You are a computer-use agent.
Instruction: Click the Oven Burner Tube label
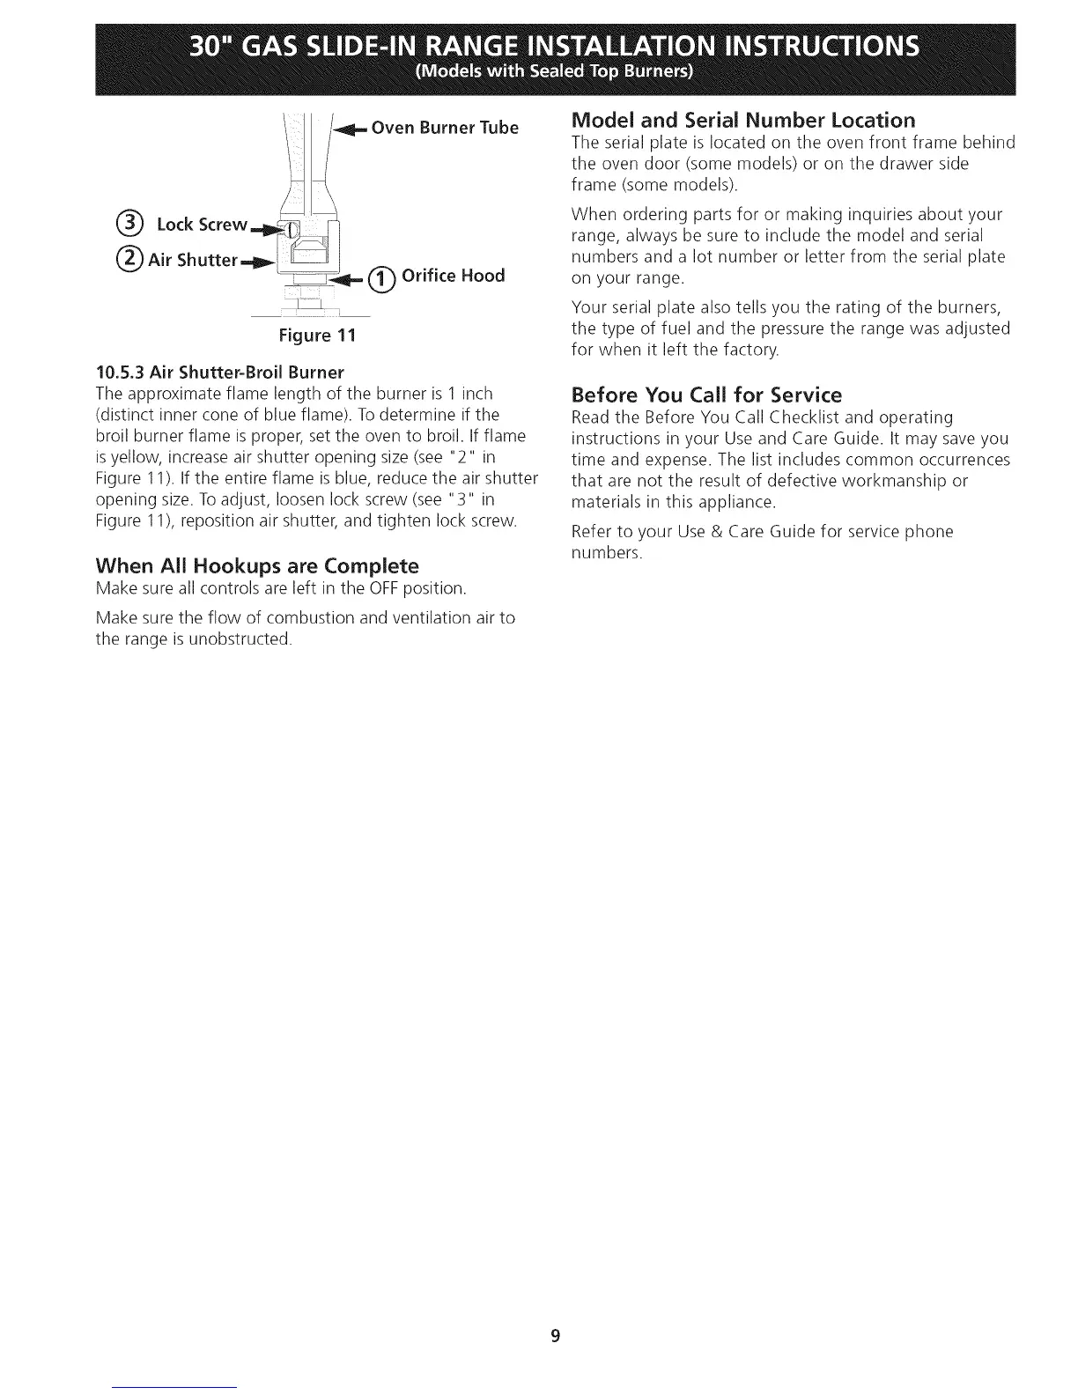point(445,128)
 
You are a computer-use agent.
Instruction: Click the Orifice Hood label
point(453,276)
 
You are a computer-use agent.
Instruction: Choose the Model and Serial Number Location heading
point(743,119)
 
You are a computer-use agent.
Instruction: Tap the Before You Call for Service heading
point(706,394)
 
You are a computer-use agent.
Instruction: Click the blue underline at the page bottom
point(175,1388)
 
